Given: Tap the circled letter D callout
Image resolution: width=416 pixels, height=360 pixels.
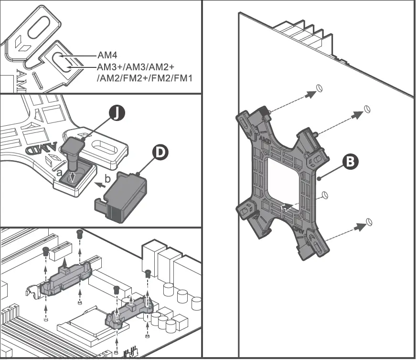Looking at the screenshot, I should coord(160,152).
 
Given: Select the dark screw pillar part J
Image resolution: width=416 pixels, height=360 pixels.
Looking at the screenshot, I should coord(74,151).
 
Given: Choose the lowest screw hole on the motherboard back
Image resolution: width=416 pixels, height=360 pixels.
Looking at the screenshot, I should coord(369,222).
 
